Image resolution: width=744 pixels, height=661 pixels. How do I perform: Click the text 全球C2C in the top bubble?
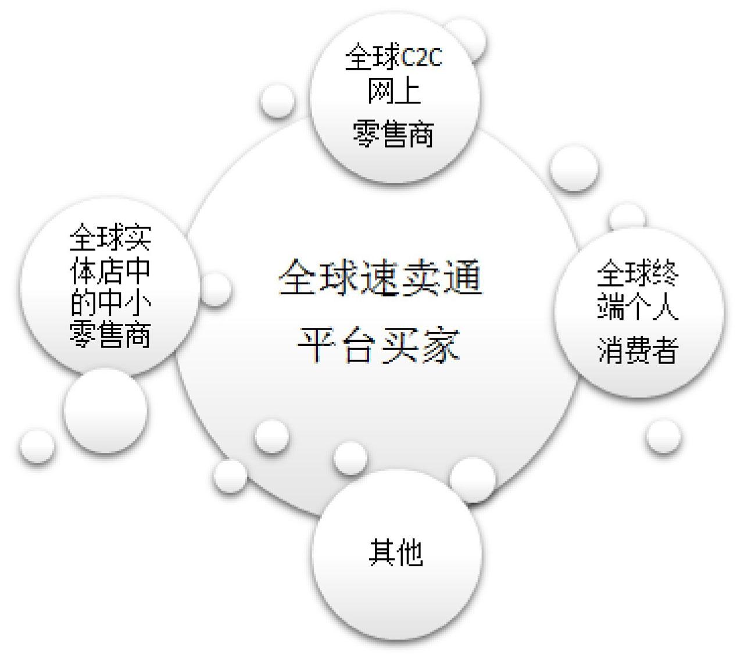pos(394,58)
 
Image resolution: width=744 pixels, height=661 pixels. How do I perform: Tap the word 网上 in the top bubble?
pos(394,92)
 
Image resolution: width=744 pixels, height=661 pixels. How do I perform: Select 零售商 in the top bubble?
pos(394,135)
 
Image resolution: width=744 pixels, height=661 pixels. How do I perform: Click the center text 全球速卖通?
pos(380,278)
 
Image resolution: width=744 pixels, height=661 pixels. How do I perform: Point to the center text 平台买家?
pos(378,345)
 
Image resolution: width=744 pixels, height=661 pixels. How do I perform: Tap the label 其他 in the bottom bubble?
pos(396,552)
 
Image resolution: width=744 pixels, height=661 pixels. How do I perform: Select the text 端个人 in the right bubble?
pos(638,306)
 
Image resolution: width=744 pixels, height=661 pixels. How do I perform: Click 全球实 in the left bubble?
pos(110,237)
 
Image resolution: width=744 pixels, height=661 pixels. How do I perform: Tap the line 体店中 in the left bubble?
pos(110,270)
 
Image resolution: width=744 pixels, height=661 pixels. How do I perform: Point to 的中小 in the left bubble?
pos(110,302)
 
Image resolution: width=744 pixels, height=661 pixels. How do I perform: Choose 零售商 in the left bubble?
pos(110,335)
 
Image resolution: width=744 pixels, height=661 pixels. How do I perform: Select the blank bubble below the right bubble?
pos(663,435)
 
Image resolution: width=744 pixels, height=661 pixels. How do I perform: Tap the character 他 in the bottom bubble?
pos(409,552)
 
